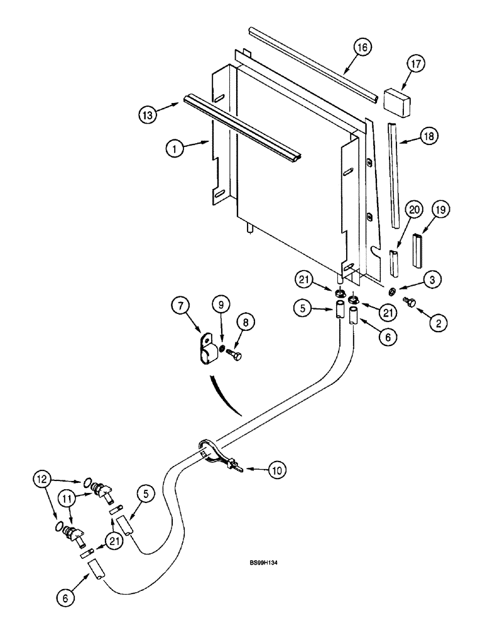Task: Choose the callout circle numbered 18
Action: click(x=430, y=135)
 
